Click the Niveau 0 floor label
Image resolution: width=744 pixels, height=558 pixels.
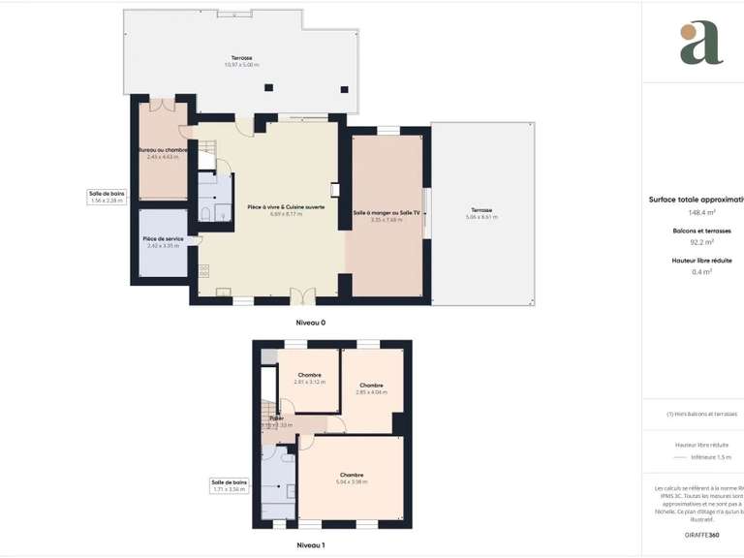[x=310, y=322]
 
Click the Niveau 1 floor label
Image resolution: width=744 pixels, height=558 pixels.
[x=310, y=545]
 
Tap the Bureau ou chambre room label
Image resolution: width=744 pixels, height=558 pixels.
[x=163, y=150]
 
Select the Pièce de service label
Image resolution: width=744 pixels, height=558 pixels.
[x=163, y=238]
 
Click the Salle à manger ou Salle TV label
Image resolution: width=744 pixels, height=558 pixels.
[x=387, y=212]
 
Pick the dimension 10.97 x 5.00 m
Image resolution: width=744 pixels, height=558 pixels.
[x=241, y=65]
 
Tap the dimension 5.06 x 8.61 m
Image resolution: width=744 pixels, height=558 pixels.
[x=481, y=217]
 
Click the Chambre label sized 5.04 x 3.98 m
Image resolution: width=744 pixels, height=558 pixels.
[x=351, y=475]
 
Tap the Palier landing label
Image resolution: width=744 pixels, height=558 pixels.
[x=276, y=418]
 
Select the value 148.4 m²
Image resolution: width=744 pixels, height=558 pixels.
[x=702, y=212]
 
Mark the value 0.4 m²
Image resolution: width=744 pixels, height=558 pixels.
[x=702, y=272]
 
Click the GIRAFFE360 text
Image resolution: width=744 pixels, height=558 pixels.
[x=702, y=535]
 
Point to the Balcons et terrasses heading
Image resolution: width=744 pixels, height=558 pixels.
[x=702, y=231]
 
